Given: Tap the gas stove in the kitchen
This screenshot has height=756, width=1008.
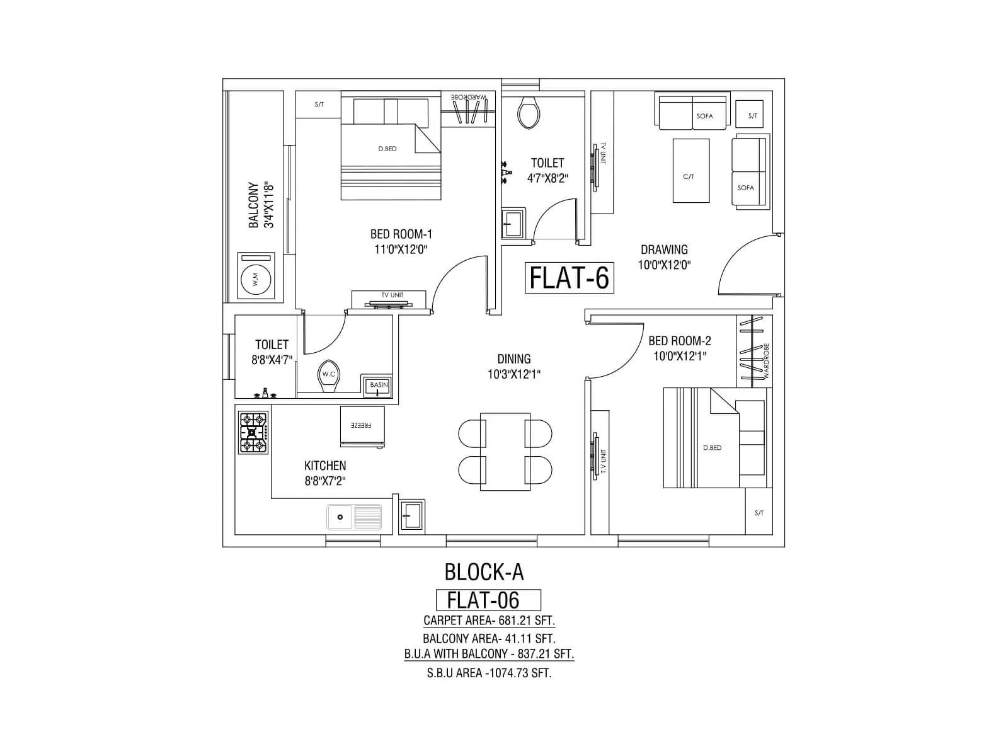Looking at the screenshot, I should (253, 432).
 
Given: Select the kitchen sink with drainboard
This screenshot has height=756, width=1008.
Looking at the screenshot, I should (354, 517).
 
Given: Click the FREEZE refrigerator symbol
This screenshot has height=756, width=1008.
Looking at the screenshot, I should (362, 427).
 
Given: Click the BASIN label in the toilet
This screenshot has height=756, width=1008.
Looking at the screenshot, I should (379, 385).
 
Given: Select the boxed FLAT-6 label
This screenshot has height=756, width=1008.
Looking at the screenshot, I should (569, 278).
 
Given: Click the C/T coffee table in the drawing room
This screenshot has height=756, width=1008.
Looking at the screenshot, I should (690, 171).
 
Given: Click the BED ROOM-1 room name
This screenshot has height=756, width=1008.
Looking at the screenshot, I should (401, 234).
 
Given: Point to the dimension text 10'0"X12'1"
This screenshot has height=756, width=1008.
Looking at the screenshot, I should (680, 356).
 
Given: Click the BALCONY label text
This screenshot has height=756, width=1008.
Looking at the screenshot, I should (254, 205).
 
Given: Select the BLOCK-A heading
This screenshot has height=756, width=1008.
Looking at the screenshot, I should (484, 572).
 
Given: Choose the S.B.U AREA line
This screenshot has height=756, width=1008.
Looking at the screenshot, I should (489, 673).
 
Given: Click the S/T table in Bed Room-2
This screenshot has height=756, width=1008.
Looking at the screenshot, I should (759, 512).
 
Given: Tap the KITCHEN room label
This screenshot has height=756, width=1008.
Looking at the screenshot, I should (325, 466).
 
